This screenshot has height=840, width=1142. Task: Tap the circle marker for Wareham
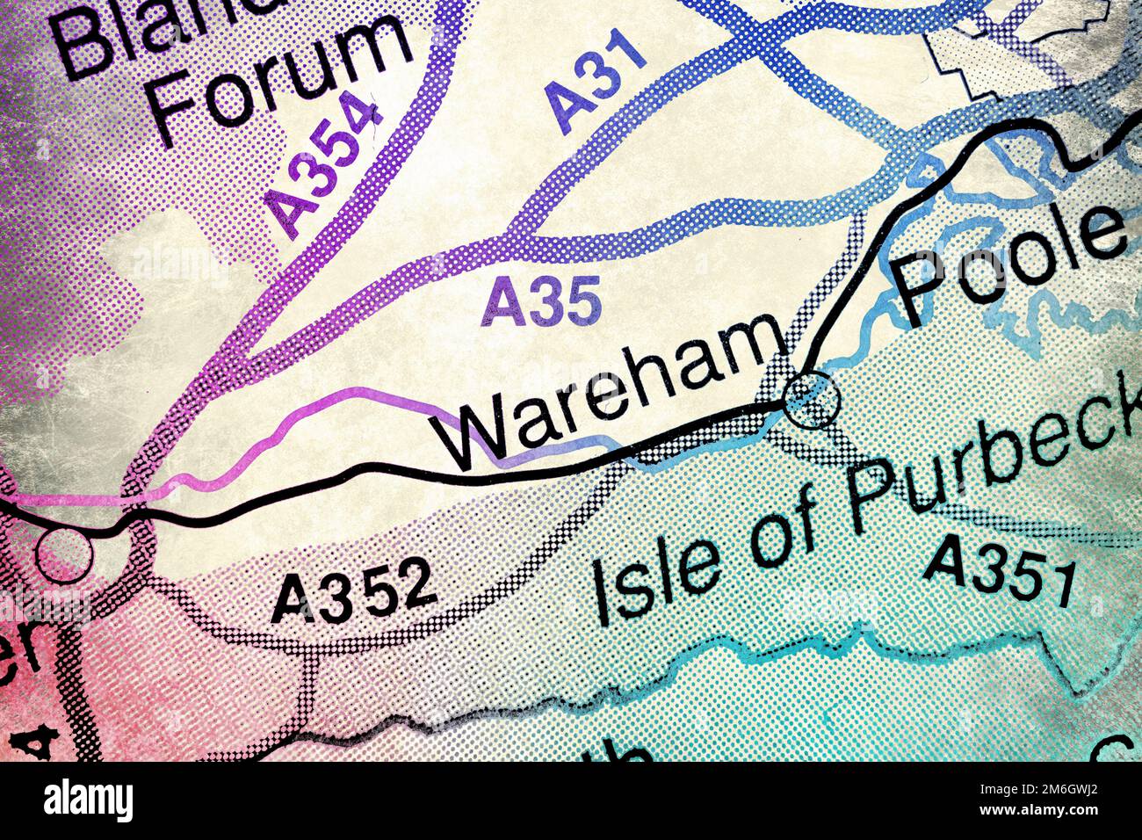tap(812, 400)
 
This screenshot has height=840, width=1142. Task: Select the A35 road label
tap(542, 301)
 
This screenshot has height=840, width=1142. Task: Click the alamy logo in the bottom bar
tap(89, 800)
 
